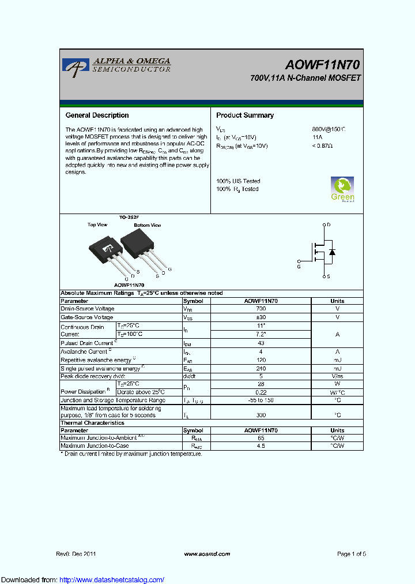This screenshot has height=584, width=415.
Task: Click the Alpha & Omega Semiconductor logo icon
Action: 75,66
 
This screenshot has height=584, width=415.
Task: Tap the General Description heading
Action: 97,115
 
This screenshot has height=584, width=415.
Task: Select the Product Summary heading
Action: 245,115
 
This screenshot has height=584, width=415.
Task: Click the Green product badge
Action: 342,189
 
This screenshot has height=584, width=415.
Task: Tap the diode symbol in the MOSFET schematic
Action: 331,252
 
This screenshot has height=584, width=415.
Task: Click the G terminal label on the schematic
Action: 299,266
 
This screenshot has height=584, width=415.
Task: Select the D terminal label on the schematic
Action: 328,224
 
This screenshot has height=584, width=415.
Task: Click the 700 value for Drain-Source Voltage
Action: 261,309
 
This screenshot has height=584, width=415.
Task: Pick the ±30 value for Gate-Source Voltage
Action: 261,317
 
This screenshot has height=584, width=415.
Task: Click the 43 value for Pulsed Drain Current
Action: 261,343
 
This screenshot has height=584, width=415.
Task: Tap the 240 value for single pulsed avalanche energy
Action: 261,368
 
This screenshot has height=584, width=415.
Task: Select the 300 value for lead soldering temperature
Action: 261,414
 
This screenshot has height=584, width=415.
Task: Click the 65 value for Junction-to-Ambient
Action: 261,438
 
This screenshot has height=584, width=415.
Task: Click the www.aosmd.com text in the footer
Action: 207,553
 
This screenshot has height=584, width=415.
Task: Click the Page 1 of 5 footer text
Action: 351,553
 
